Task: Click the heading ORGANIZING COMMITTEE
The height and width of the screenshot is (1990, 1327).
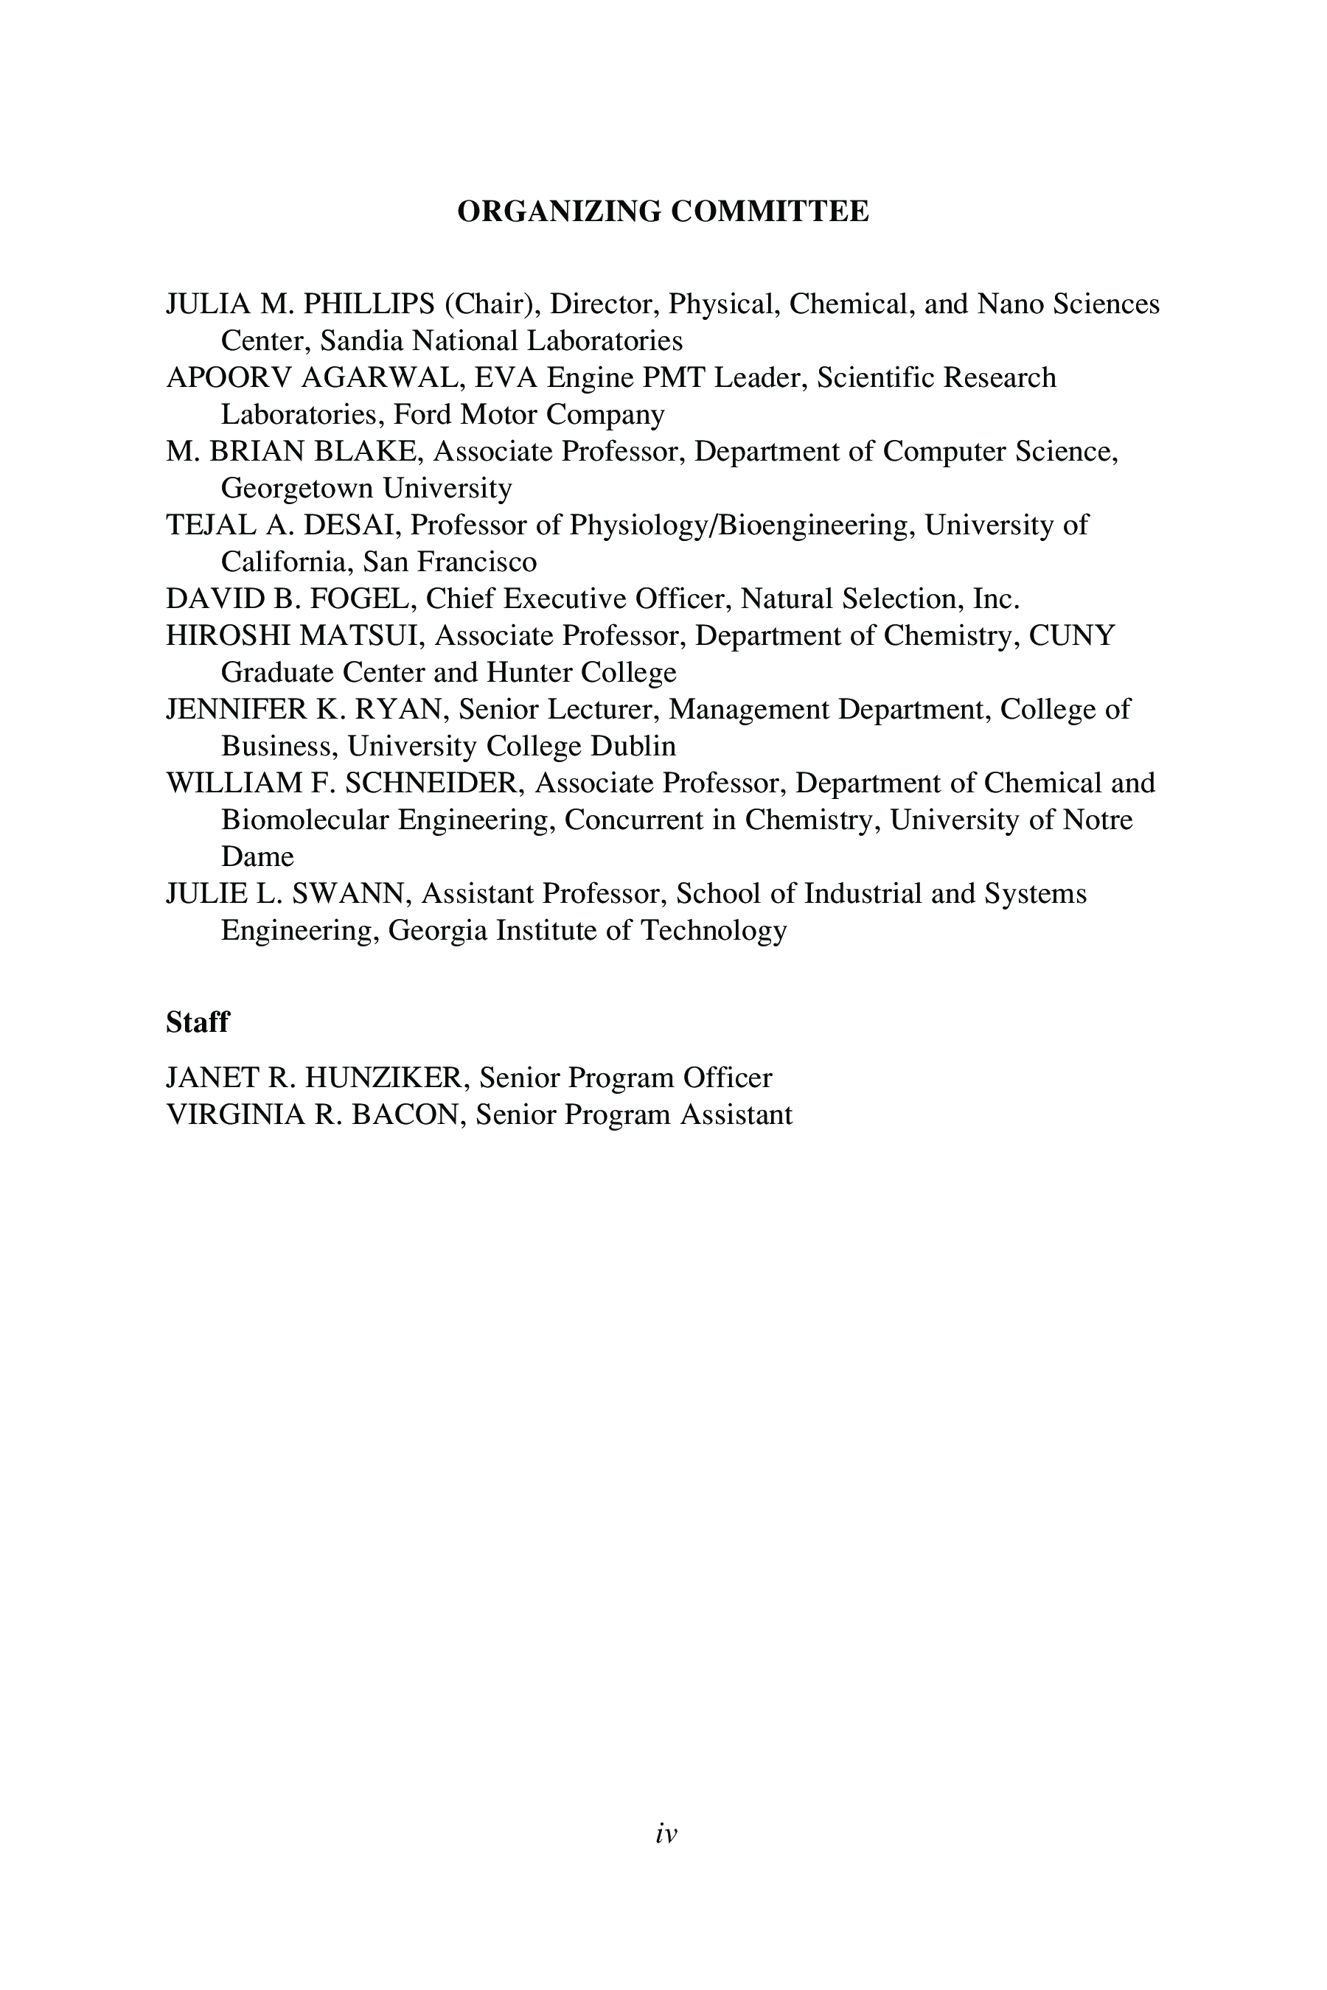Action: pos(663,212)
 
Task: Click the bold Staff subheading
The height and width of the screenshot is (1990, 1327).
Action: pos(197,1022)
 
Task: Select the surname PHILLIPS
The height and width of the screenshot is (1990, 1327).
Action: pos(369,304)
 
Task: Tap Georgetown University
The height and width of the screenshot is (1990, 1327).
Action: pos(366,488)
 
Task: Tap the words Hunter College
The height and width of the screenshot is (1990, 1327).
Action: pos(581,673)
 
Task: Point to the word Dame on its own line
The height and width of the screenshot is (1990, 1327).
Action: pos(257,857)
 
